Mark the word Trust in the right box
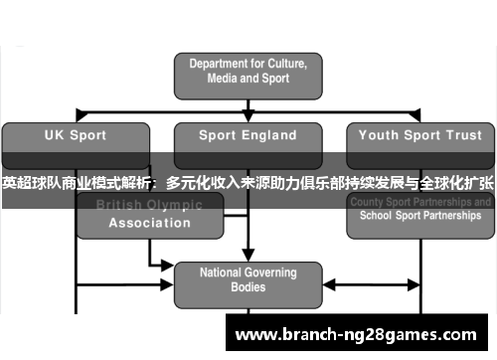point(464,135)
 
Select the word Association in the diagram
point(149,223)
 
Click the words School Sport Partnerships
point(418,216)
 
